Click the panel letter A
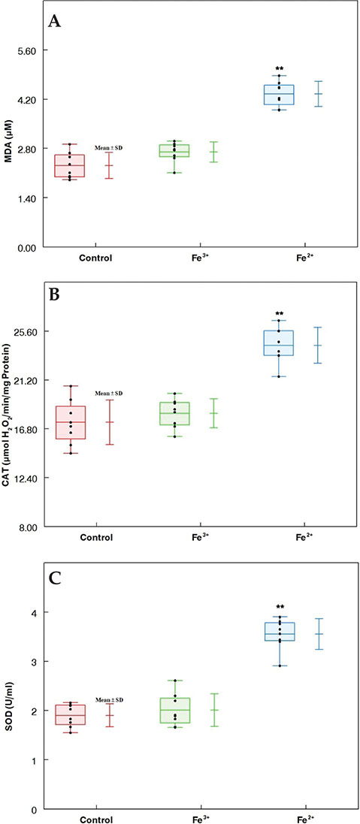pos(55,22)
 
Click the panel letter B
pos(54,294)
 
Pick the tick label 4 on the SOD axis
pos(33,613)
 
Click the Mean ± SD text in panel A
pos(108,148)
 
